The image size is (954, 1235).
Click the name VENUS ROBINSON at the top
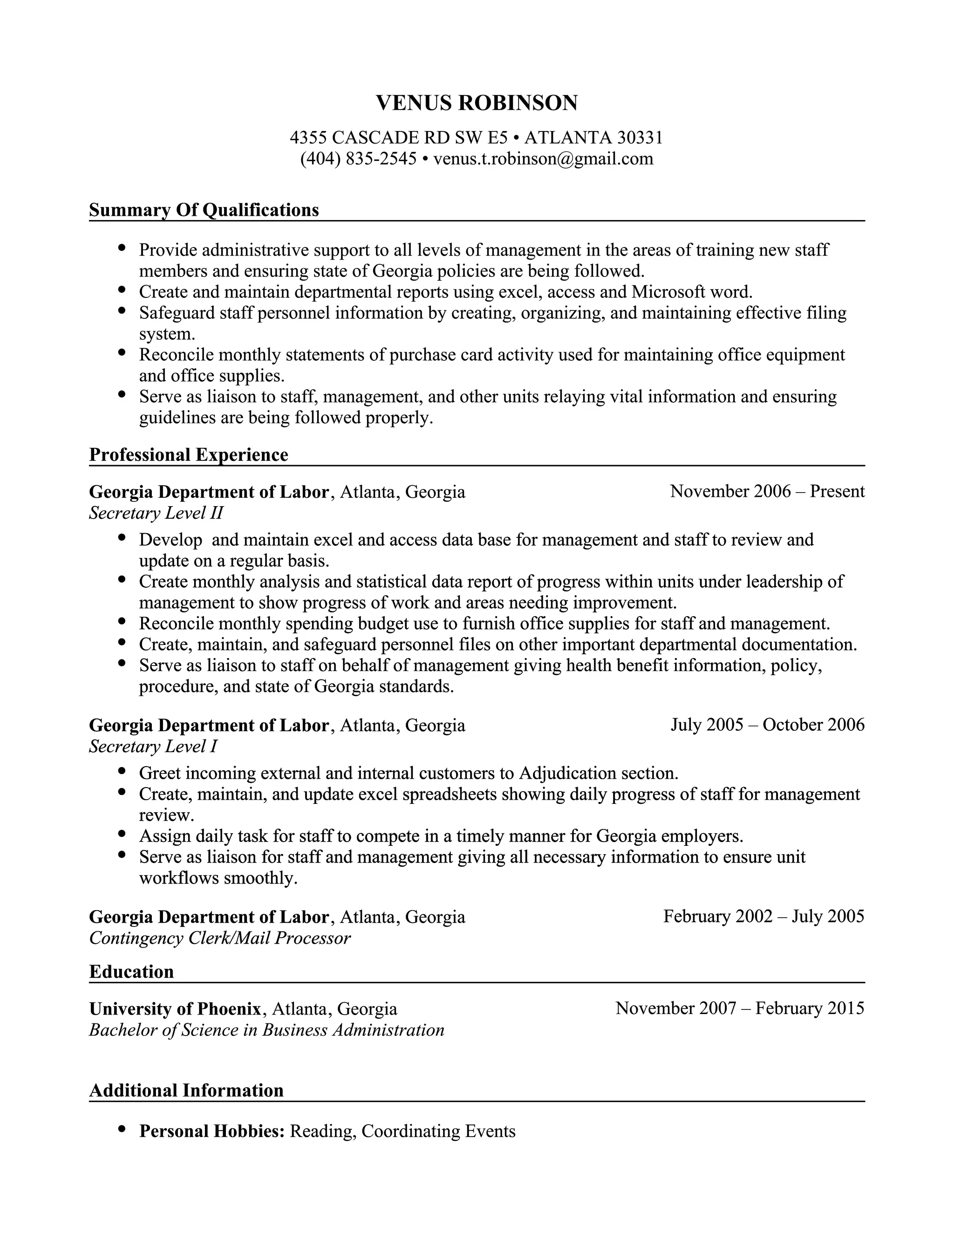477,103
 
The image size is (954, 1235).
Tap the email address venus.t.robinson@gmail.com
543,159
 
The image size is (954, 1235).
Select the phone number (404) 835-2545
358,159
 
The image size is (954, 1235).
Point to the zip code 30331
640,137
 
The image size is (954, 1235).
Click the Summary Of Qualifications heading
204,210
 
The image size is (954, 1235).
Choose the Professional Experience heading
189,455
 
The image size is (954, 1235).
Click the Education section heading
131,972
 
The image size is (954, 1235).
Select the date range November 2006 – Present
767,491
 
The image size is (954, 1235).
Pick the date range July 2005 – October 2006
767,725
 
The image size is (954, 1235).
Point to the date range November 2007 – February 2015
740,1008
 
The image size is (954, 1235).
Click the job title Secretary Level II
156,513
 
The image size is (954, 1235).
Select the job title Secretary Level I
153,747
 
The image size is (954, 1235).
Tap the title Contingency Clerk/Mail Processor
220,938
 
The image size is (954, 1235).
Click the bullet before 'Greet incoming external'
122,770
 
